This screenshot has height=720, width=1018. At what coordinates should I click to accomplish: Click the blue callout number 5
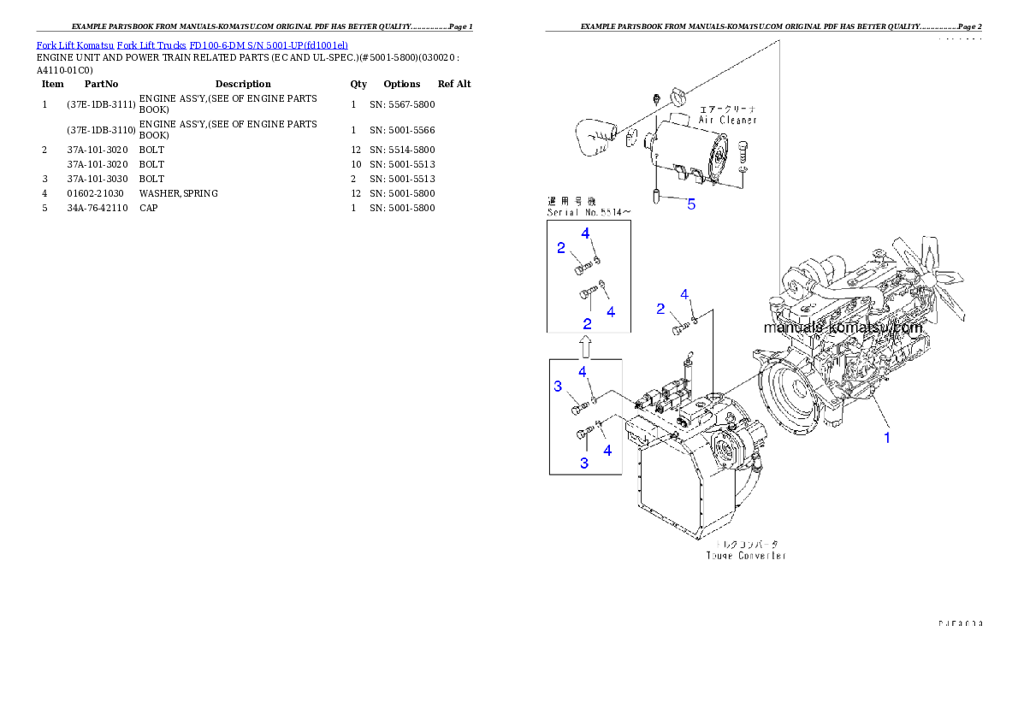(691, 204)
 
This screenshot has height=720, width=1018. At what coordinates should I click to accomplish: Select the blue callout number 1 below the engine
(887, 437)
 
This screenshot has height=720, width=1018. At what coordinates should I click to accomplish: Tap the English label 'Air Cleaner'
(727, 121)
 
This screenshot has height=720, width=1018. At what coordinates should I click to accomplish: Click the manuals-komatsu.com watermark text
(843, 328)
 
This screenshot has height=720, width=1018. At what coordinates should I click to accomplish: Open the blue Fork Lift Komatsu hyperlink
(192, 44)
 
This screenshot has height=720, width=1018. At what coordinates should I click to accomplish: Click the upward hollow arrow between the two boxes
(586, 346)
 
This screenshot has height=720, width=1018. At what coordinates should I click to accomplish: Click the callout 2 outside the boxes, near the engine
(660, 309)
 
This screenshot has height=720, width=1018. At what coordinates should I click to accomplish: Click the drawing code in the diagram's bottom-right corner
(960, 623)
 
